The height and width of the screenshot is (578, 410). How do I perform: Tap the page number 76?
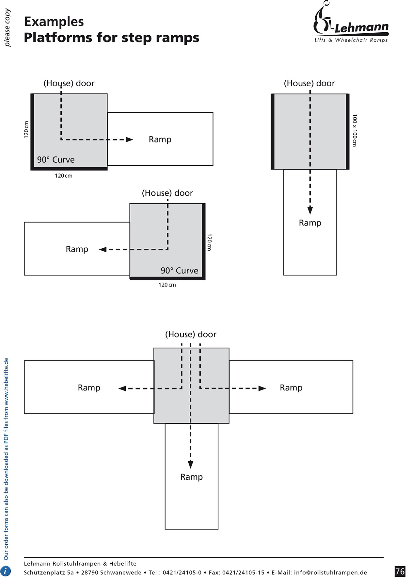400,571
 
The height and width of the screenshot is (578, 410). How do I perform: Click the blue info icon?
6,571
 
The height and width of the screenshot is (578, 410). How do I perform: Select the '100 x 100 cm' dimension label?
355,130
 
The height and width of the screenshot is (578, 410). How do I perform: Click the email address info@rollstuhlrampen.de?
330,572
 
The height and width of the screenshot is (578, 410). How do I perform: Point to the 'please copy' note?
8,28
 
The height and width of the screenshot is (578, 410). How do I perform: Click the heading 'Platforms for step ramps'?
111,38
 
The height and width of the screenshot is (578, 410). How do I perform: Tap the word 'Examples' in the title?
54,22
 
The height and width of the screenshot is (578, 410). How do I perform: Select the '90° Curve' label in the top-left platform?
56,160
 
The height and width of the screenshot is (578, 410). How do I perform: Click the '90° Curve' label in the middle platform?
179,271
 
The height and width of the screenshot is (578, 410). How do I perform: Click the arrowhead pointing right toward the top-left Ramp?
129,140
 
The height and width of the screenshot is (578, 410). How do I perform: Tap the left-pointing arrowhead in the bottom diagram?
122,388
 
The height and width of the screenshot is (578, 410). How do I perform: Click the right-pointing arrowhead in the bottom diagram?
262,388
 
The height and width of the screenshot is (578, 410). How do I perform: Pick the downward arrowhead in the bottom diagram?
191,464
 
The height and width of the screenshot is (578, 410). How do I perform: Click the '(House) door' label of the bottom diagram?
191,334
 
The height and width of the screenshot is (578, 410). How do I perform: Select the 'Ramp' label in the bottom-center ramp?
192,477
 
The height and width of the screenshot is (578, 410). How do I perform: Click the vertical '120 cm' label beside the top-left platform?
26,129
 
